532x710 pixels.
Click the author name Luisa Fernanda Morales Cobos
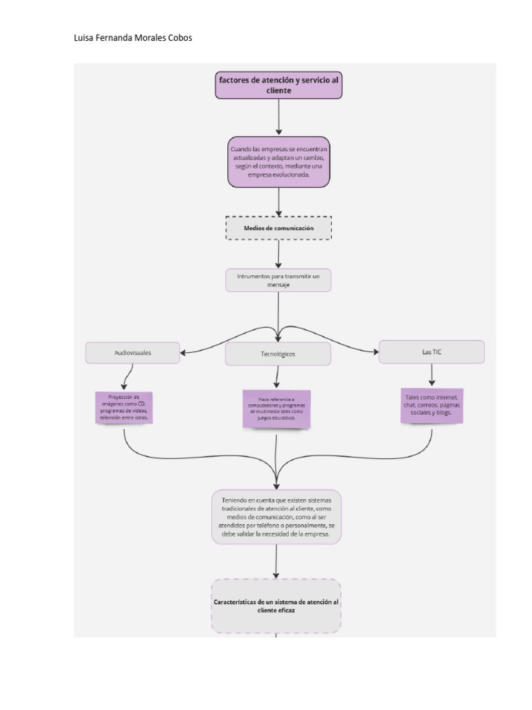132,38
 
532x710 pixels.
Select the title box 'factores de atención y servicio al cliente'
278,85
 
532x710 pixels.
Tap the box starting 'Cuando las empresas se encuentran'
278,162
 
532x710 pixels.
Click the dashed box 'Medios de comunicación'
278,228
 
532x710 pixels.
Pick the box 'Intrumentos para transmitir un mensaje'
278,280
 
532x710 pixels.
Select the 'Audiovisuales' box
133,353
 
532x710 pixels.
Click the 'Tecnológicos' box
278,354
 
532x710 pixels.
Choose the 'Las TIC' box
432,352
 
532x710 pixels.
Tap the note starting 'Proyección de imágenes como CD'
125,408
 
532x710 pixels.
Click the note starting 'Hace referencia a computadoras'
276,409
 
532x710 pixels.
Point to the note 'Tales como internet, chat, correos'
432,405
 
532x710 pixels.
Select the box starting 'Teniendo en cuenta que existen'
276,517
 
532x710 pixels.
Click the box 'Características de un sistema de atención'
276,606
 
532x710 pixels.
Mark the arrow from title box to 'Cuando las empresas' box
278,116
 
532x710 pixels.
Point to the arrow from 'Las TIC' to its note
432,374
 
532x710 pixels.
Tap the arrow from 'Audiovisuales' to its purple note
127,377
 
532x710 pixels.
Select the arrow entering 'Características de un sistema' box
276,562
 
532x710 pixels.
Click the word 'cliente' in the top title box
278,91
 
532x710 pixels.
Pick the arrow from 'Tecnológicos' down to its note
277,377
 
